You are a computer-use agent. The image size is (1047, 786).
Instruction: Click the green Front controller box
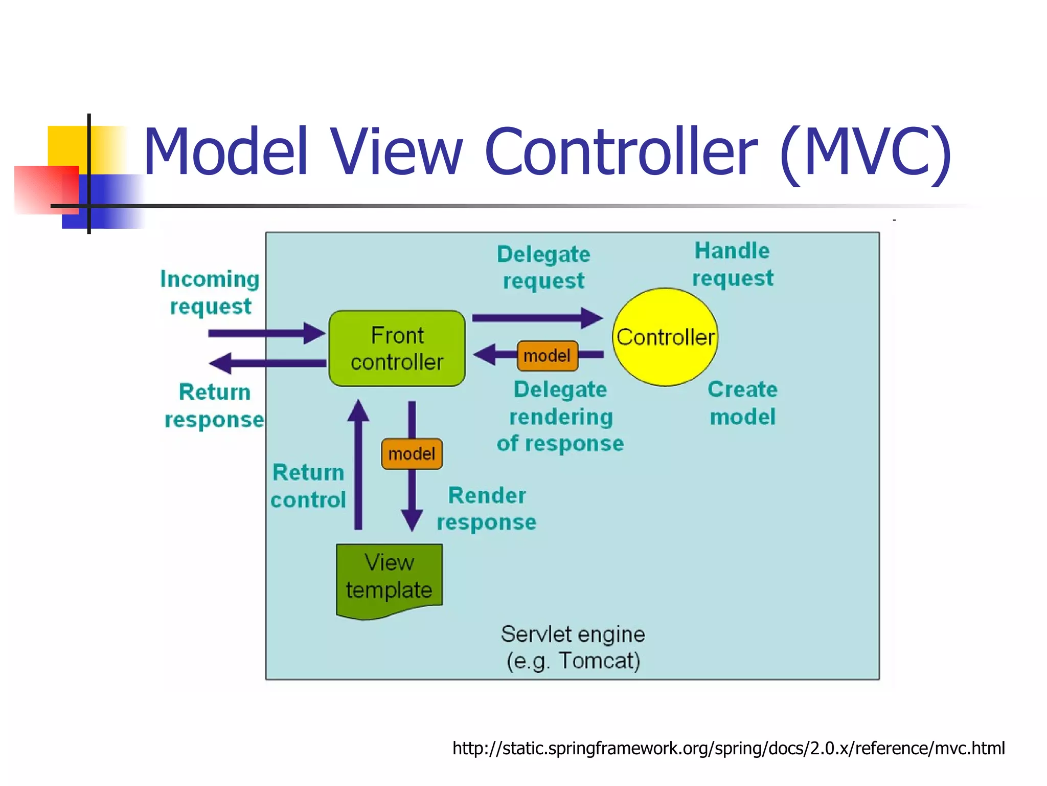397,348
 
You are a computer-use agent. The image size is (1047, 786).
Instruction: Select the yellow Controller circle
665,337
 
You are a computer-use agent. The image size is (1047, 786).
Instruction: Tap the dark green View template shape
389,578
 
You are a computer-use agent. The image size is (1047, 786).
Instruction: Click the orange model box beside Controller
547,356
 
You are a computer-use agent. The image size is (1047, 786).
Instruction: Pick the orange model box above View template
412,454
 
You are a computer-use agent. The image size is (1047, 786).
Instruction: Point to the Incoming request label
210,293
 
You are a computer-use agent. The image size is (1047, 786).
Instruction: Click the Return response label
214,406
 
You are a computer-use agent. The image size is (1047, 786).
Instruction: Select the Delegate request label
543,267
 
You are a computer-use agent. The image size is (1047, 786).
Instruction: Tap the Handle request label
732,265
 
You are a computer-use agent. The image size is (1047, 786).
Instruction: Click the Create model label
742,403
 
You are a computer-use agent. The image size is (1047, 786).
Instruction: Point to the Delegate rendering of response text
560,417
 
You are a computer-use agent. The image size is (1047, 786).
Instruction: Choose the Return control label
308,486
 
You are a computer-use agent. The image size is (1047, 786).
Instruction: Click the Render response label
486,509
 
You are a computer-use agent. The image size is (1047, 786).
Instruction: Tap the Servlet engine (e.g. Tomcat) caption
573,647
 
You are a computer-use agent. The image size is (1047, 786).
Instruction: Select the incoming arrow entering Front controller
266,333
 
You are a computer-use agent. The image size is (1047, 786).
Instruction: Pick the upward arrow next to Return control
358,466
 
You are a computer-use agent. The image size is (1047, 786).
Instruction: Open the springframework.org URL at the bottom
728,748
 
